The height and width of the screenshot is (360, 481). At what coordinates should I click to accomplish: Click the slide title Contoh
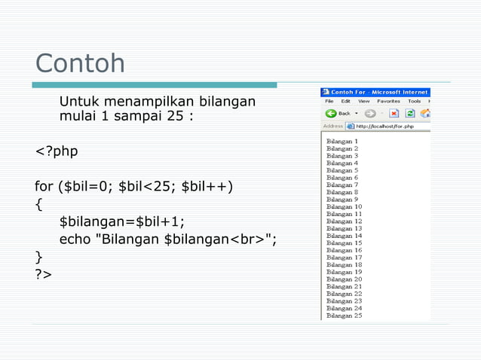[x=80, y=63]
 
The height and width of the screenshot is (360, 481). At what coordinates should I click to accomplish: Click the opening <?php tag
[x=57, y=151]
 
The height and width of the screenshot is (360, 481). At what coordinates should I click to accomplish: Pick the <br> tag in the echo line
[x=245, y=239]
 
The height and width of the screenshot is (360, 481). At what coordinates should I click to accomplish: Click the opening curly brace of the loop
[x=38, y=203]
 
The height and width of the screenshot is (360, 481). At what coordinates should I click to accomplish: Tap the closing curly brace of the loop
[x=38, y=257]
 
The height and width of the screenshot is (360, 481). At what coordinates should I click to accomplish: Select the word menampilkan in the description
[x=148, y=102]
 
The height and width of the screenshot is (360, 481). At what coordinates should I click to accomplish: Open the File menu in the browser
[x=329, y=101]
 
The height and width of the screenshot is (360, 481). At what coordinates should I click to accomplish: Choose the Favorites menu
[x=388, y=101]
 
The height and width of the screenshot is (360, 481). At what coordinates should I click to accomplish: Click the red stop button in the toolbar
[x=394, y=113]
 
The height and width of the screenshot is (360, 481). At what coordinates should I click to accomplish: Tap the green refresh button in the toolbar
[x=410, y=113]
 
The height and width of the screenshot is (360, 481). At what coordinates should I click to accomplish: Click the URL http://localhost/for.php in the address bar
[x=384, y=127]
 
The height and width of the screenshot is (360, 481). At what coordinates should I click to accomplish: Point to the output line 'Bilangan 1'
[x=342, y=141]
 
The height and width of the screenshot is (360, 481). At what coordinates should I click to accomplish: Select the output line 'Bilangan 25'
[x=344, y=316]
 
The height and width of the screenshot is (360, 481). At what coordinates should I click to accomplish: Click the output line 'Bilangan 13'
[x=344, y=228]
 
